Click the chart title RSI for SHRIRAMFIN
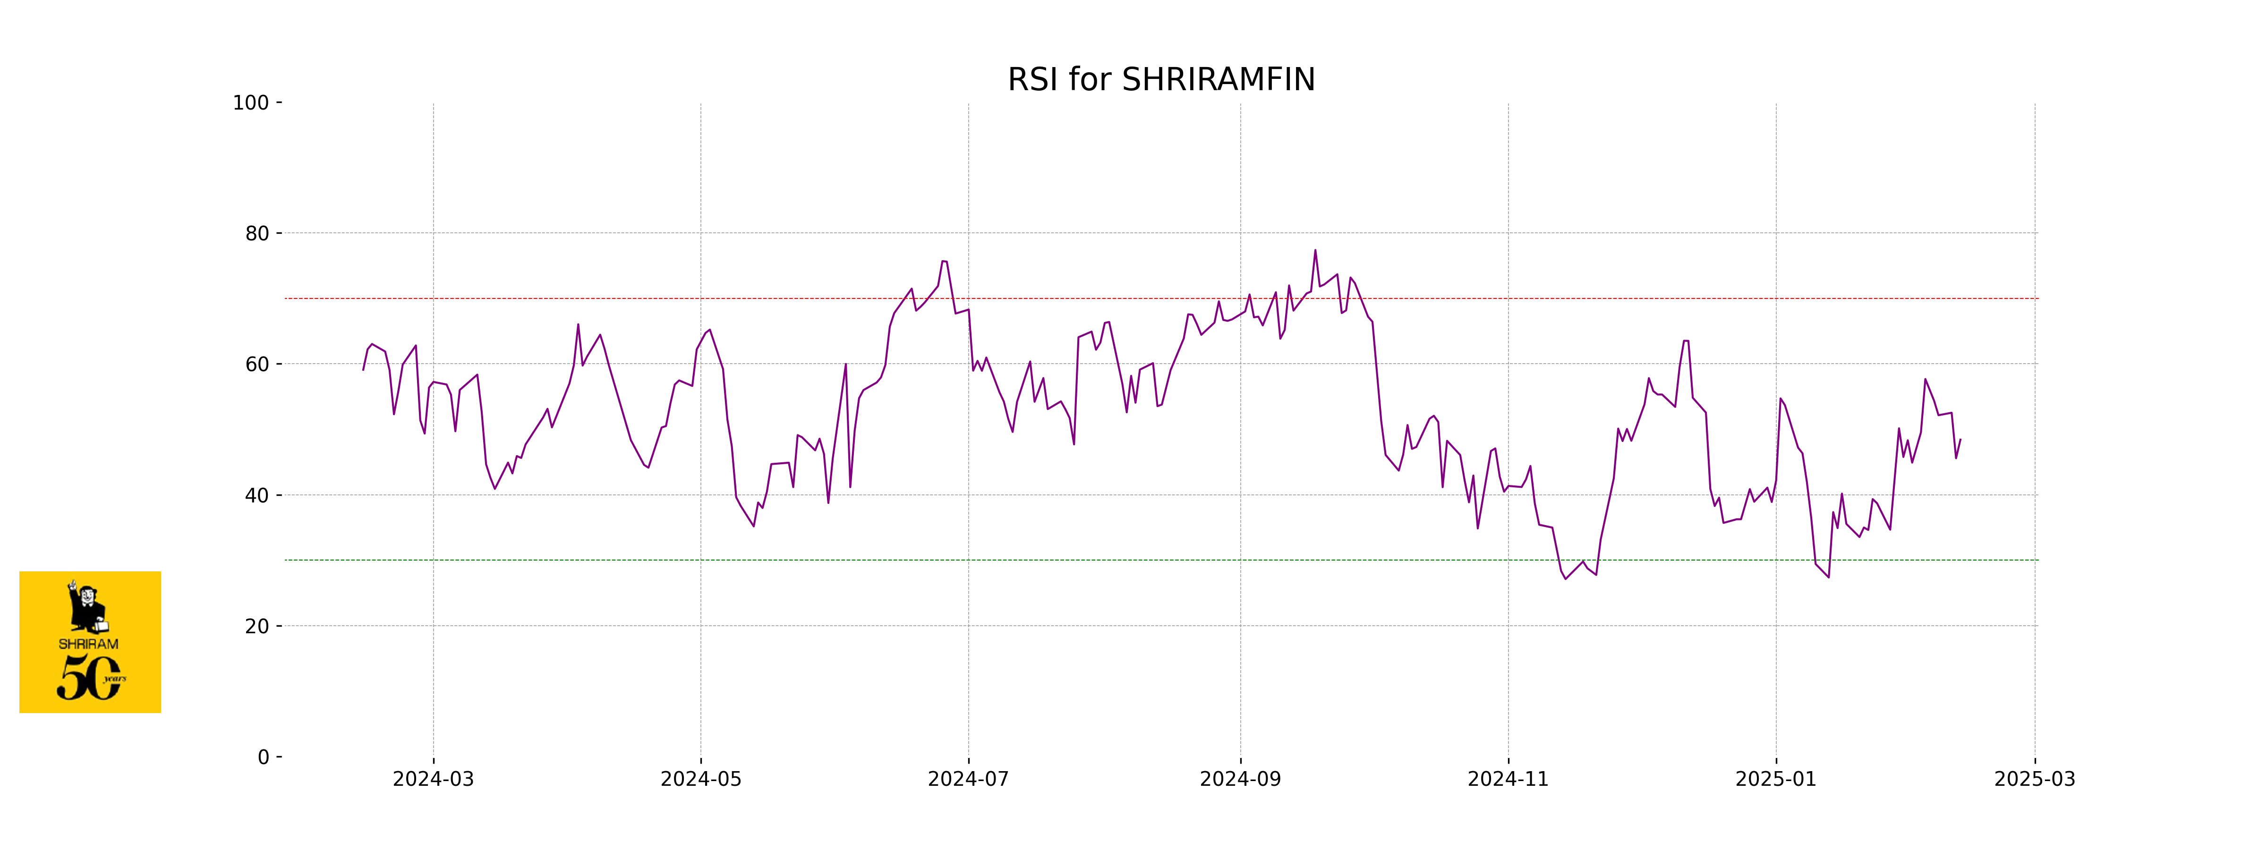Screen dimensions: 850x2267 (1161, 80)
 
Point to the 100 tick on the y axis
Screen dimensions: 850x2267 (251, 103)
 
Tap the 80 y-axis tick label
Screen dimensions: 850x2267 (257, 234)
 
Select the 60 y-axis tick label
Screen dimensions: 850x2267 (257, 364)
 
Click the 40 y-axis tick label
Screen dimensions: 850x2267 (257, 495)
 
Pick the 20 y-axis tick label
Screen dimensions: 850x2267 (257, 627)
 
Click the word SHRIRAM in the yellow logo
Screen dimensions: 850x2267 (88, 644)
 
